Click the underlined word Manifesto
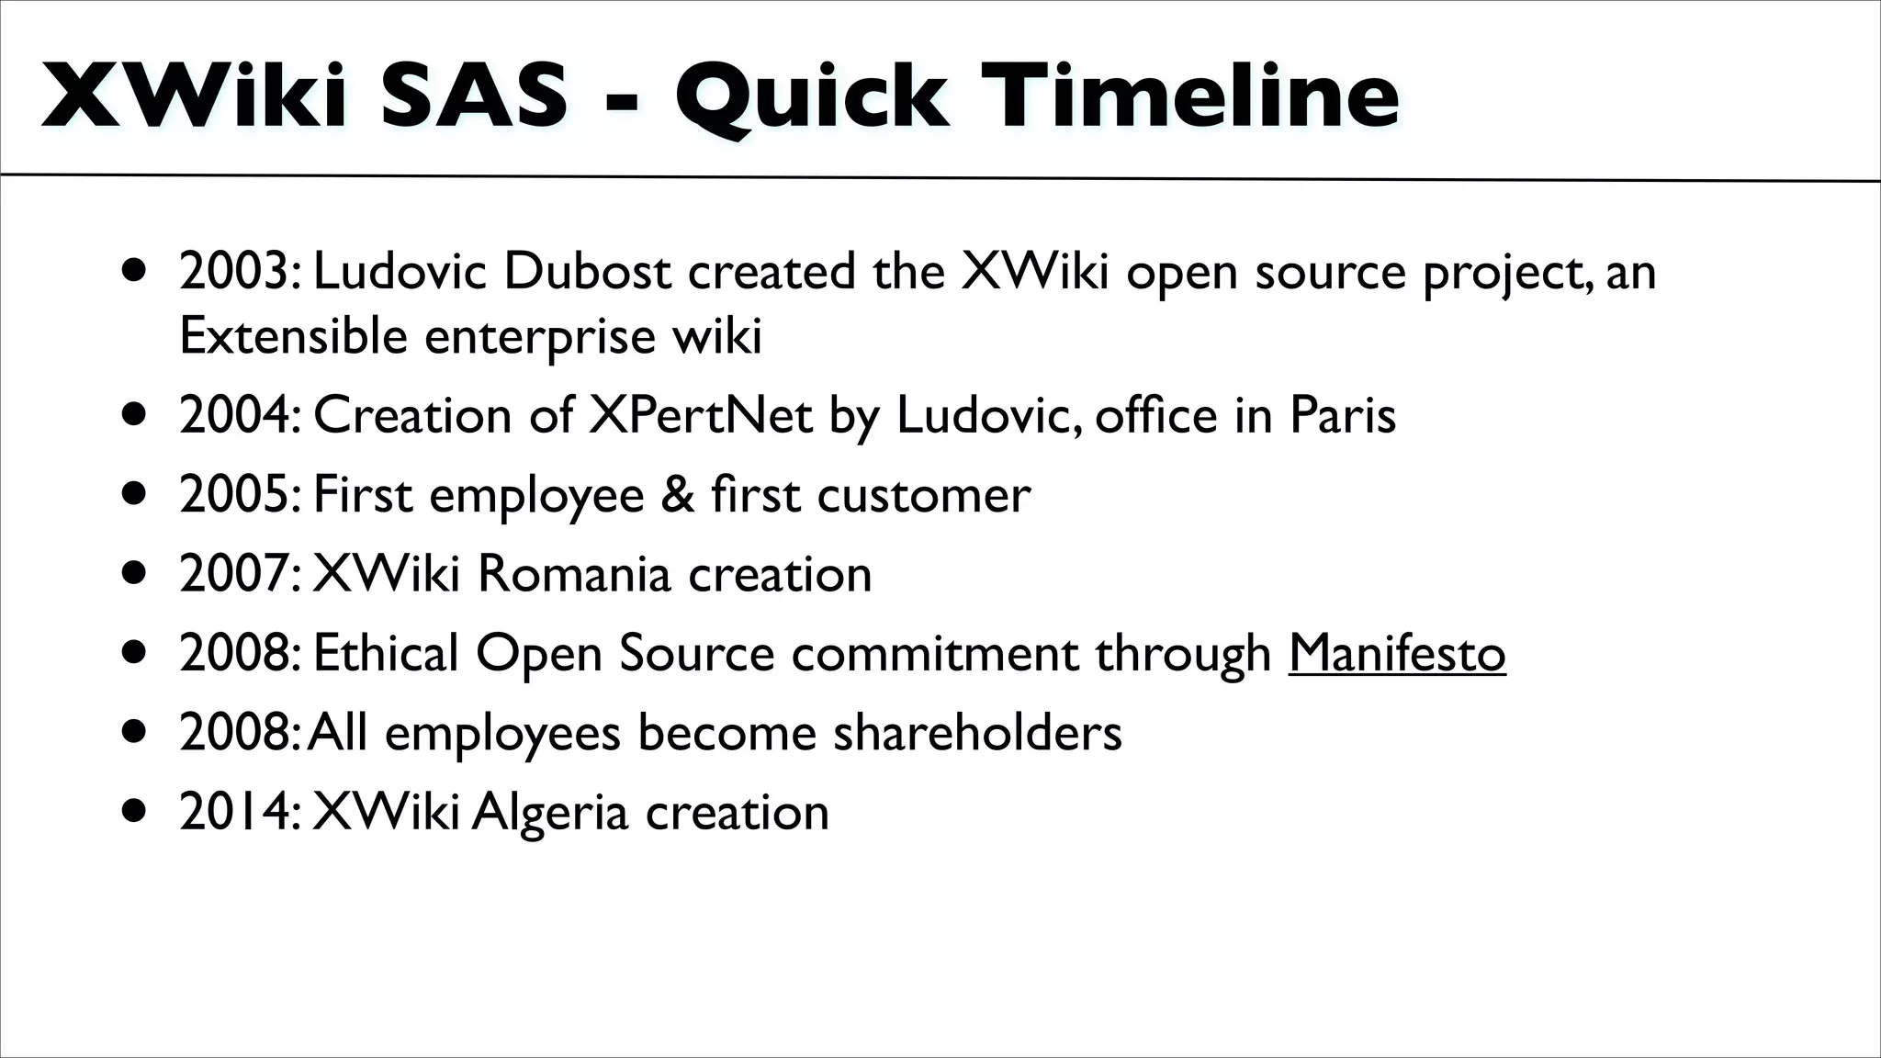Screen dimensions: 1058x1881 (x=1396, y=653)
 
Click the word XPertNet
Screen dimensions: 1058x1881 (x=700, y=415)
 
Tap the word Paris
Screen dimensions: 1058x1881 (x=1342, y=415)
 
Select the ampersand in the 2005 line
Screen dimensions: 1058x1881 (x=678, y=494)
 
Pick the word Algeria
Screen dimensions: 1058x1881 (x=549, y=812)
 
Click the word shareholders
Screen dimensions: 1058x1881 (x=977, y=733)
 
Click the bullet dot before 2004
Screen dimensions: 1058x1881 (x=134, y=416)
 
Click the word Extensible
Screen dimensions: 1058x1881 (x=293, y=336)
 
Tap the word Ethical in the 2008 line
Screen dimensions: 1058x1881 (x=385, y=653)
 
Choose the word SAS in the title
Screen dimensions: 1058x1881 (x=474, y=96)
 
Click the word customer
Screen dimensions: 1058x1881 (x=923, y=494)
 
